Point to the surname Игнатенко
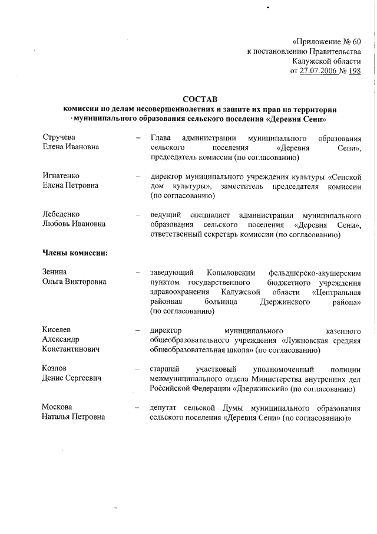pyautogui.click(x=61, y=176)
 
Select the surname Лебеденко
pyautogui.click(x=61, y=214)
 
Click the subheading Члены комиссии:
pyautogui.click(x=74, y=253)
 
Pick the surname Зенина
pyautogui.click(x=55, y=272)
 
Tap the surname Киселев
pyautogui.click(x=57, y=329)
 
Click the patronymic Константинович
pyautogui.click(x=70, y=349)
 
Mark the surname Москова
pyautogui.click(x=57, y=407)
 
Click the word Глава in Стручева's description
pyautogui.click(x=161, y=138)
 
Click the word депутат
pyautogui.click(x=167, y=407)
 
